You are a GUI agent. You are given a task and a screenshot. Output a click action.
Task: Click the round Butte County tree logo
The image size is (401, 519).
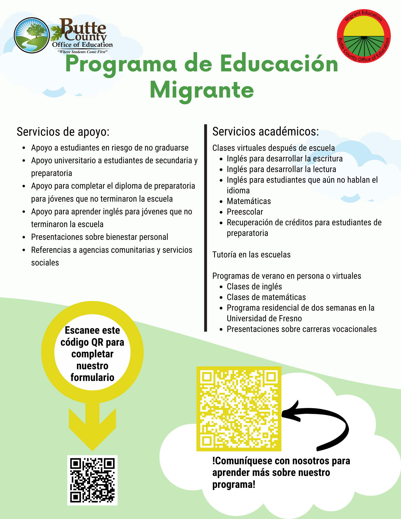[32, 35]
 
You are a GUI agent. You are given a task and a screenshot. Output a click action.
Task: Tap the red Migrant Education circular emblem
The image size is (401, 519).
[364, 36]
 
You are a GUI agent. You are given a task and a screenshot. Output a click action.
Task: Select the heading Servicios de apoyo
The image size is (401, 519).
[63, 132]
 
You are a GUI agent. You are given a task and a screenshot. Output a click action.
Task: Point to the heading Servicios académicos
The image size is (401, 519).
[266, 132]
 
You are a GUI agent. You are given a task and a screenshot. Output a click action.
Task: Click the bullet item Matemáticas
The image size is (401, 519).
[249, 201]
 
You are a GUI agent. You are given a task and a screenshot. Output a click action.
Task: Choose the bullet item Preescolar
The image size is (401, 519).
[245, 212]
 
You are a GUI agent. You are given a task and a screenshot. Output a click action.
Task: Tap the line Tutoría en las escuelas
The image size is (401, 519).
[251, 255]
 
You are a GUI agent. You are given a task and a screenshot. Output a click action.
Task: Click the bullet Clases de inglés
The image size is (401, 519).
[254, 286]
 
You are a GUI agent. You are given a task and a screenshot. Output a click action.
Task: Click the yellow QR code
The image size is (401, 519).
[239, 409]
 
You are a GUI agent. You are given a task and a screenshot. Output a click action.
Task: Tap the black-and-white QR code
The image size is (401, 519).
[92, 480]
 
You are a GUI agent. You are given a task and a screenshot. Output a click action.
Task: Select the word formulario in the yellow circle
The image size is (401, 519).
[92, 377]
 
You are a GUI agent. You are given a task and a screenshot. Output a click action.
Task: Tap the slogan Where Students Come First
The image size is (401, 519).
[82, 52]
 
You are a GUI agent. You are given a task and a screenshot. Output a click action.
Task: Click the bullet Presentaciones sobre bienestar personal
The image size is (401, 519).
[99, 237]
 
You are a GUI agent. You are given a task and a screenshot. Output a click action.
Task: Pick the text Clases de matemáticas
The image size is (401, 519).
[266, 297]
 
